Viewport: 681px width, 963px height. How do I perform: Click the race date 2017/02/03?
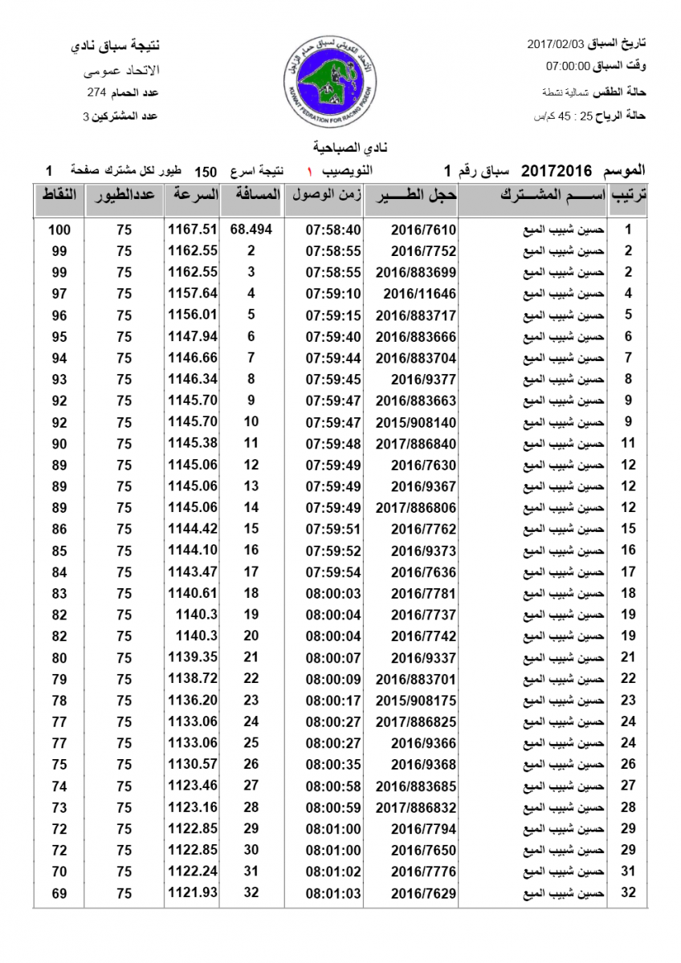553,42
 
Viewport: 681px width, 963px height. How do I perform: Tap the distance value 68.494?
251,230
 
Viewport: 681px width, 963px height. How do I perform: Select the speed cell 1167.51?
193,230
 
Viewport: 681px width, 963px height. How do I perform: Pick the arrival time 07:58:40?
333,230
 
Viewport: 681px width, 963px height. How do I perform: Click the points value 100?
59,230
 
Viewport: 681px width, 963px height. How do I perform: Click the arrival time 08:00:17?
333,700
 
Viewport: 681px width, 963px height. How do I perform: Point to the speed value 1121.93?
193,892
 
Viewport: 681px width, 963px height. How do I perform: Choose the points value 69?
59,892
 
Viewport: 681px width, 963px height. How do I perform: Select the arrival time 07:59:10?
333,294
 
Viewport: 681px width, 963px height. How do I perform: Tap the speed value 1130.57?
193,764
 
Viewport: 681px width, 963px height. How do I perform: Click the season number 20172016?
557,171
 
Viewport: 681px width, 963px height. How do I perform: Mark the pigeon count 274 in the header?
97,92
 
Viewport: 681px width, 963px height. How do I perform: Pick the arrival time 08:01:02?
333,872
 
